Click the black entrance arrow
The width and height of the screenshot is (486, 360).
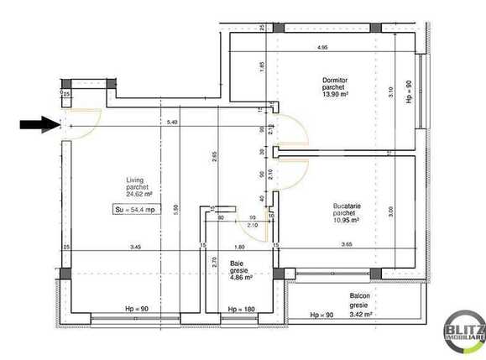point(39,125)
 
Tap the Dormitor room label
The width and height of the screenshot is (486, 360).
point(334,80)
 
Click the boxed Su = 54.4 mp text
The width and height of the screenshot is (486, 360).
point(135,210)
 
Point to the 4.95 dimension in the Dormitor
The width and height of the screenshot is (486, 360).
point(321,48)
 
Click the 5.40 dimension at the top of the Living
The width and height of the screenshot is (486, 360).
point(172,123)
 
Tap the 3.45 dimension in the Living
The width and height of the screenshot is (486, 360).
point(134,246)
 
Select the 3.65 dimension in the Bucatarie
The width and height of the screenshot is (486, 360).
point(346,244)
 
